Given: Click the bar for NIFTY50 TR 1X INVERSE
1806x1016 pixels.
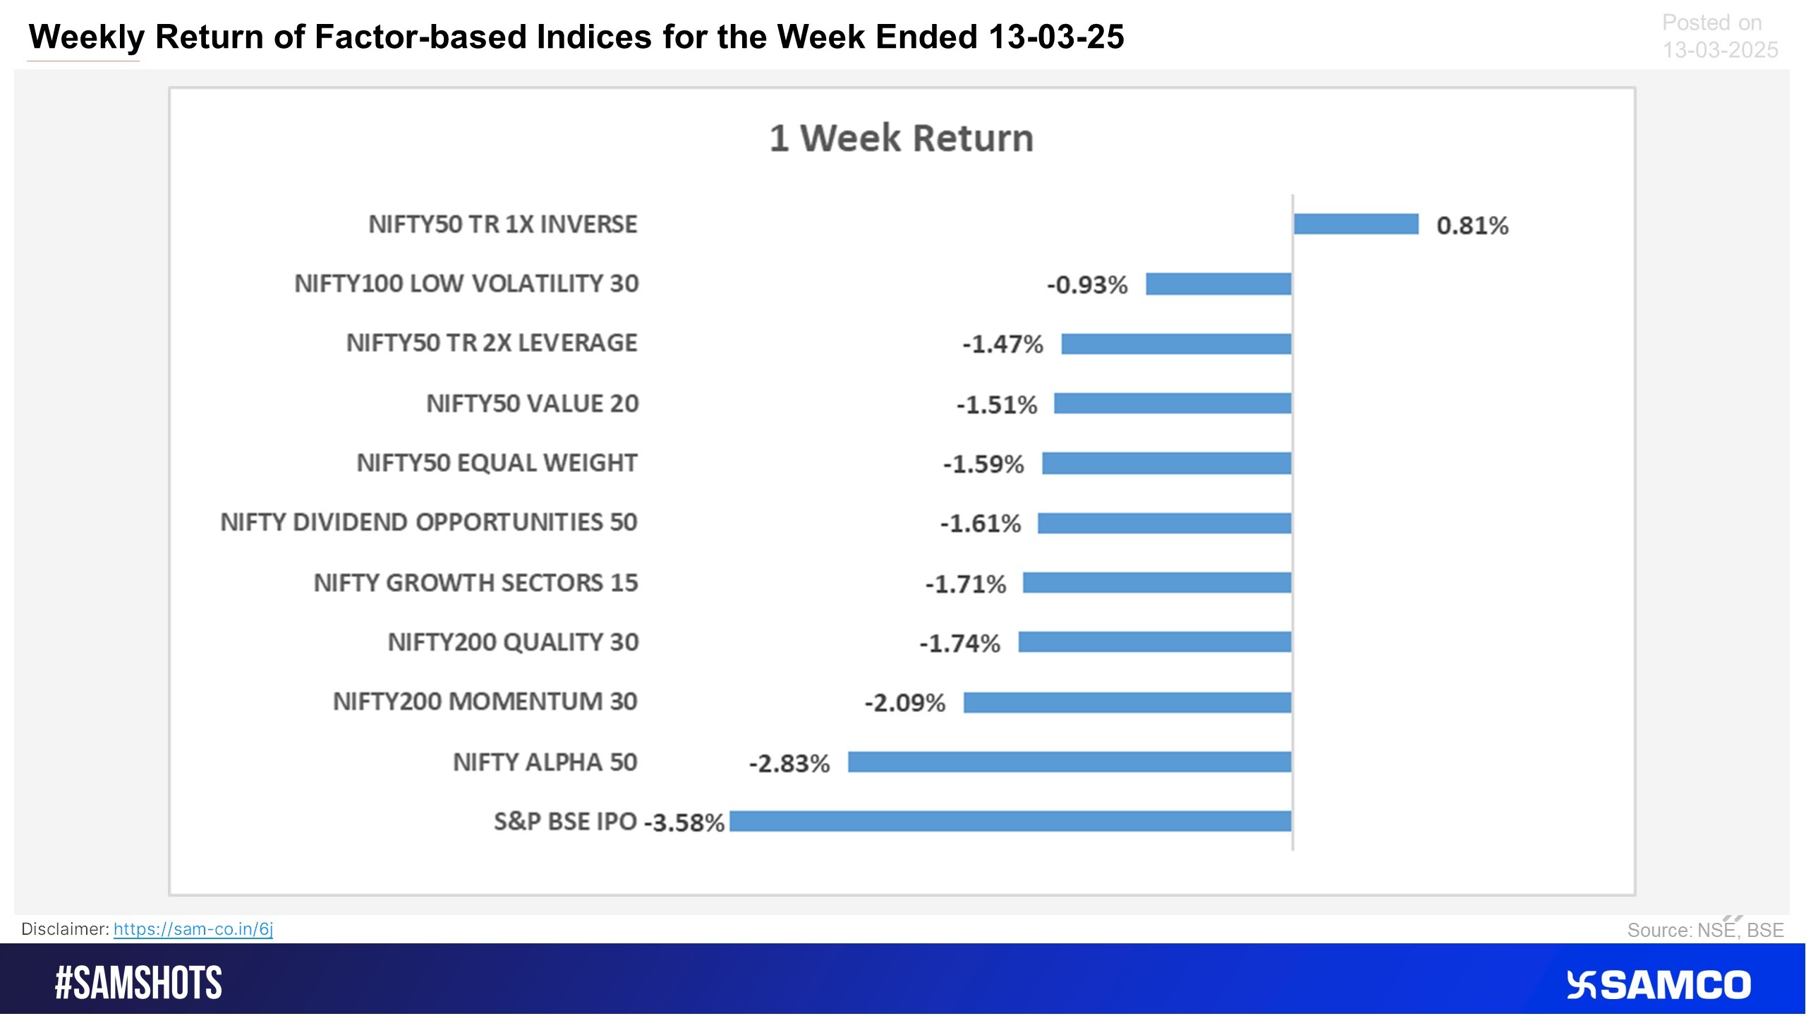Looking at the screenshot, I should [1355, 224].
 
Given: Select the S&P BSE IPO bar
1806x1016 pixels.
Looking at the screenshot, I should [1010, 821].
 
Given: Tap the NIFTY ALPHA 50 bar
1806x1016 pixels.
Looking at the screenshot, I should [1069, 762].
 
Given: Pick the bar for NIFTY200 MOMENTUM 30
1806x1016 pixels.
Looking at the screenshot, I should [1127, 702].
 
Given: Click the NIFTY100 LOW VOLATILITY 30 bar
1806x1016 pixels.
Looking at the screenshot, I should [1218, 284].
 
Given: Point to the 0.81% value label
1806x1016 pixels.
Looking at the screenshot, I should [1472, 226].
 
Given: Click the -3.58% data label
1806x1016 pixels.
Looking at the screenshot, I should [684, 823].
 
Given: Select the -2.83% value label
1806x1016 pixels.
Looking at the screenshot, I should [789, 763].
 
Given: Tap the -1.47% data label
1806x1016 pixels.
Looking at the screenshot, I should [1002, 344].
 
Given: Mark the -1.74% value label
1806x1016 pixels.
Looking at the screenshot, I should [959, 643].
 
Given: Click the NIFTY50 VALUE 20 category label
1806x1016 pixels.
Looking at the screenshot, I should [532, 404].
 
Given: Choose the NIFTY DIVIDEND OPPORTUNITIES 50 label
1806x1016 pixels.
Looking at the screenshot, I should [429, 522].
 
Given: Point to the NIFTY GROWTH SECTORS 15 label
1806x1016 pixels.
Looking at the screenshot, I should [475, 583].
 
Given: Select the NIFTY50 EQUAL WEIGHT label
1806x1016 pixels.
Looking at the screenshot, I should [497, 463].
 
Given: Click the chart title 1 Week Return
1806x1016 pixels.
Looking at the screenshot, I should [901, 138].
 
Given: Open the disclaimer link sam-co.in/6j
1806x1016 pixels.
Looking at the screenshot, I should [193, 929].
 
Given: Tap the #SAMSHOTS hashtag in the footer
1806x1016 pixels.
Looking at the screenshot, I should [138, 983].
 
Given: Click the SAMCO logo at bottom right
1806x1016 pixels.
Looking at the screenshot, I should [1658, 985].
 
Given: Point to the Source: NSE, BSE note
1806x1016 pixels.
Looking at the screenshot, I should [1705, 930].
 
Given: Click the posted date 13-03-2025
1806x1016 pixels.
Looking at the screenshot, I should [1720, 50].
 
